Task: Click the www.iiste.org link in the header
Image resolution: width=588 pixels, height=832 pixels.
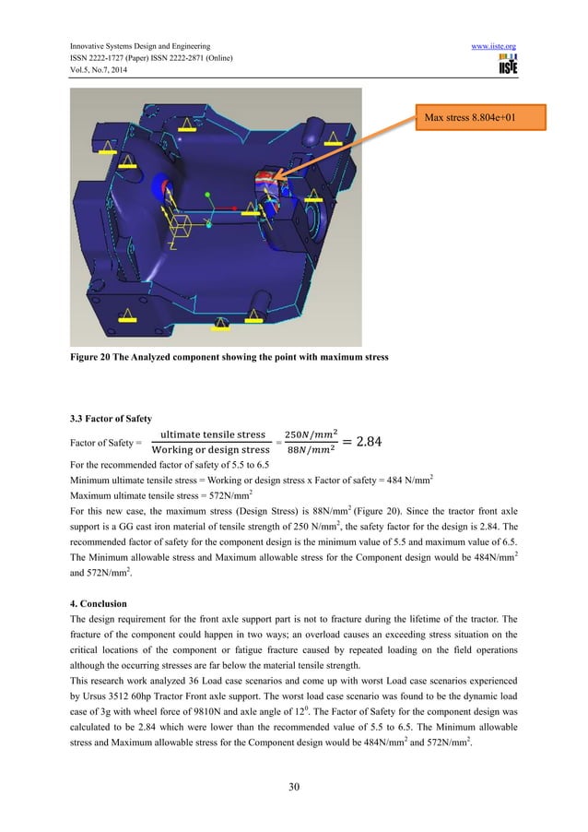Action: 496,45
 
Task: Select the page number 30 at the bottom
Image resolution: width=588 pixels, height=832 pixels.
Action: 293,787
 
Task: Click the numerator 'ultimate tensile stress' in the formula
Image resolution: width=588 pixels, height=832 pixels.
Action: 213,434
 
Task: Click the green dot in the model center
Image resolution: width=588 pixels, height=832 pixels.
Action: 209,195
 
